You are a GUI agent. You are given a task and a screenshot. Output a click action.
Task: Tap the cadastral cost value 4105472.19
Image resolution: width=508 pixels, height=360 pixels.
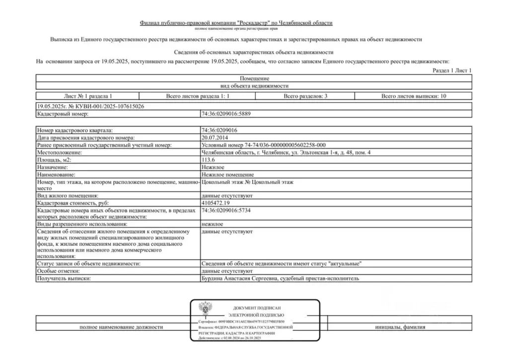click(x=216, y=203)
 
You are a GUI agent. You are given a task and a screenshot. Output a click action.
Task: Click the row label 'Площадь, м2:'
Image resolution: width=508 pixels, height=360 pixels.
click(x=54, y=160)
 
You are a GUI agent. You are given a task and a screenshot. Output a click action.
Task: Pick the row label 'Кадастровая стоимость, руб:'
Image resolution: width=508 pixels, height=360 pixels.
click(x=72, y=203)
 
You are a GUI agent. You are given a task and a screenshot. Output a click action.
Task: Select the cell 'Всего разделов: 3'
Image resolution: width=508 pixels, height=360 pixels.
click(x=305, y=96)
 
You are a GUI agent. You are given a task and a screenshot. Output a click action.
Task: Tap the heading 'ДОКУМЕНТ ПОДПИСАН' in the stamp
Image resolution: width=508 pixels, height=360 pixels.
click(x=256, y=308)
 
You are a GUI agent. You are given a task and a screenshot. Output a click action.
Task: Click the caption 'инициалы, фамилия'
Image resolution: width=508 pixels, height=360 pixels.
click(x=400, y=327)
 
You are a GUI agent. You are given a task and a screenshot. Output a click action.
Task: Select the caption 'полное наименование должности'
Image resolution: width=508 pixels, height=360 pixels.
click(x=121, y=327)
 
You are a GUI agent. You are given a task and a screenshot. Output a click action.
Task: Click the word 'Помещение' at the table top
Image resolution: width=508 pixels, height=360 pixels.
click(x=254, y=78)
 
